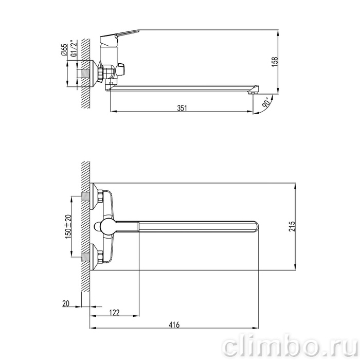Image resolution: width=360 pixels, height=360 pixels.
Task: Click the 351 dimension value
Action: tap(182, 108)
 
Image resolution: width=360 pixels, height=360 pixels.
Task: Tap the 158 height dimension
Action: tap(275, 62)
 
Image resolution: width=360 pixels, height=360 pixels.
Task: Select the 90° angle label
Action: tap(266, 103)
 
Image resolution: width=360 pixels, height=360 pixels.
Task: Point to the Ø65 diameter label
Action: tap(64, 50)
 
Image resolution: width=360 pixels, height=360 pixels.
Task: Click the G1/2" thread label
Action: tap(74, 49)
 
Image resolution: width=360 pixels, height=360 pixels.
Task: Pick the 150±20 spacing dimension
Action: tap(68, 226)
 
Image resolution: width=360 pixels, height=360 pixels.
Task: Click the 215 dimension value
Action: tap(292, 226)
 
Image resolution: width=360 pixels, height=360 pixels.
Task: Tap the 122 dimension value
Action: tap(114, 313)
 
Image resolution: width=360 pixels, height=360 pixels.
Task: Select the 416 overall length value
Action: tap(174, 325)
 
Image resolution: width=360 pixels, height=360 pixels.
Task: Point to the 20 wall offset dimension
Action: tap(66, 303)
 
